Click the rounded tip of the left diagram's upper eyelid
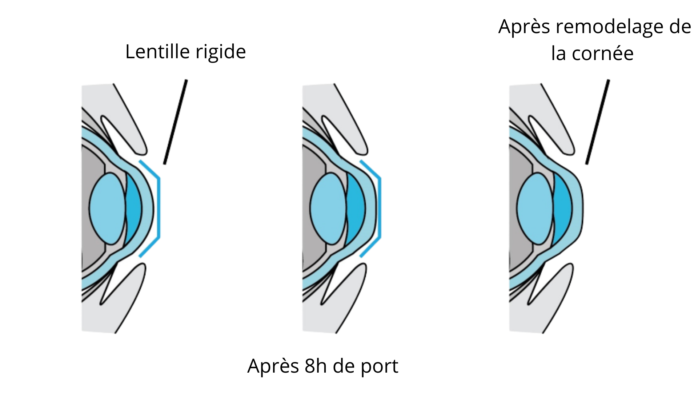(x=142, y=149)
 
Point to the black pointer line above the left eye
(x=176, y=122)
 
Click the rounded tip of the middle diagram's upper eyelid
(x=364, y=149)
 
